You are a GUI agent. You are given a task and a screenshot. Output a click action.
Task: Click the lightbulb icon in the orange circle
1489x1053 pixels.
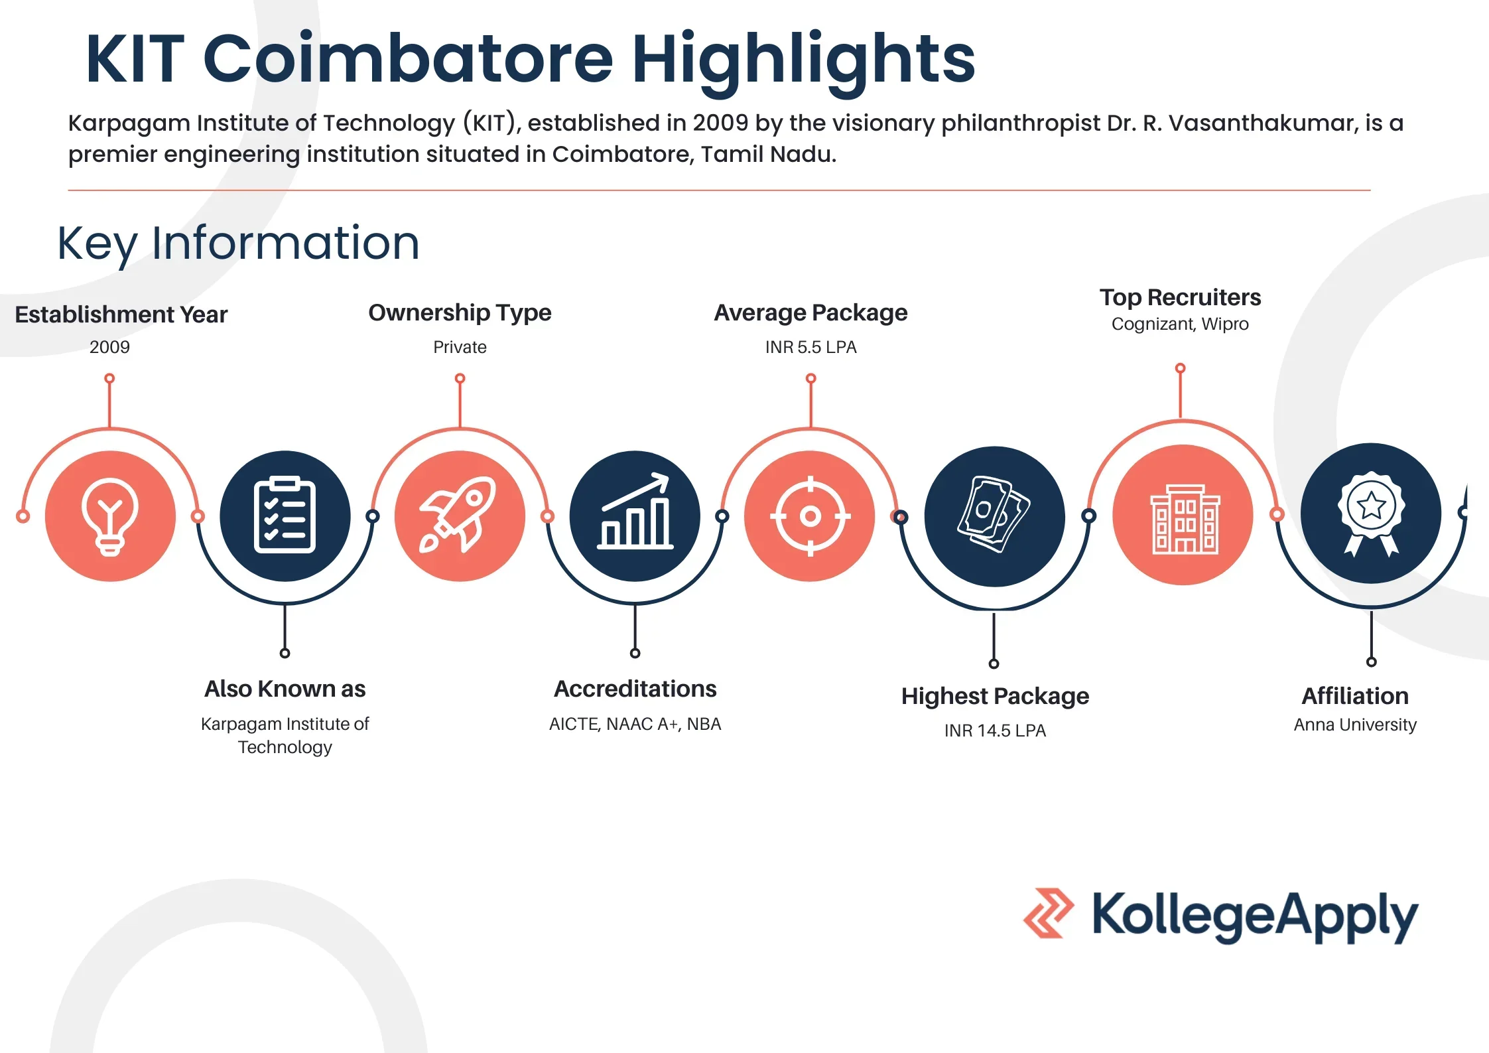[x=110, y=516]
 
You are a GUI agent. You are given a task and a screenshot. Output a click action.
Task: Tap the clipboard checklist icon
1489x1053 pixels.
[x=285, y=516]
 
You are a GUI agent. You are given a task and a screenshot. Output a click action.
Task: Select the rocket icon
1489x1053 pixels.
[x=459, y=515]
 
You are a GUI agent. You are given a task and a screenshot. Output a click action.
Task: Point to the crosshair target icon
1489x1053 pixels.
[x=810, y=516]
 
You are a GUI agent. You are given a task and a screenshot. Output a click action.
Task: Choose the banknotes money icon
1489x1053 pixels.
[x=993, y=515]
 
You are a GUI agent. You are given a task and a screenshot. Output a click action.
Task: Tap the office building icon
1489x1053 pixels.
[x=1184, y=519]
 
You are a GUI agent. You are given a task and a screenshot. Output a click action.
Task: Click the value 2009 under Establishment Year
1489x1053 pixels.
[x=109, y=347]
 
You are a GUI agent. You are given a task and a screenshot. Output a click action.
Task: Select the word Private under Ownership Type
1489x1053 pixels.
[x=460, y=347]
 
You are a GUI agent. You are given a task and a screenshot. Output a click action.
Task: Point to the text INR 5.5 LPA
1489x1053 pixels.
[x=810, y=347]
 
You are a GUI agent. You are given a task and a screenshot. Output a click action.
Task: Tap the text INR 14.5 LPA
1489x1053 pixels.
[x=994, y=731]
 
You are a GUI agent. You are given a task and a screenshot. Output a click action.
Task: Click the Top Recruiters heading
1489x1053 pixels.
[x=1180, y=297]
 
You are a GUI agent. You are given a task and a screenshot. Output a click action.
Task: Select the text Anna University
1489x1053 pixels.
[x=1354, y=725]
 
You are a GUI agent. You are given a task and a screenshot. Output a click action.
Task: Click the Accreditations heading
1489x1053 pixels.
[x=635, y=689]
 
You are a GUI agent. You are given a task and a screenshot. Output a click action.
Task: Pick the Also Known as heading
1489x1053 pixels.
[x=285, y=689]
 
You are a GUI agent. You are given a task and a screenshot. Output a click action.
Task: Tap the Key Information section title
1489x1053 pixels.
[x=238, y=244]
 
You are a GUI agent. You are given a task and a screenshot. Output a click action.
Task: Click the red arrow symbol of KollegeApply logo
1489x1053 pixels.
[x=1048, y=913]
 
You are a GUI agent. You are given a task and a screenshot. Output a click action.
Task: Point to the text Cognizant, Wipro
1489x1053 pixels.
[x=1180, y=324]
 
